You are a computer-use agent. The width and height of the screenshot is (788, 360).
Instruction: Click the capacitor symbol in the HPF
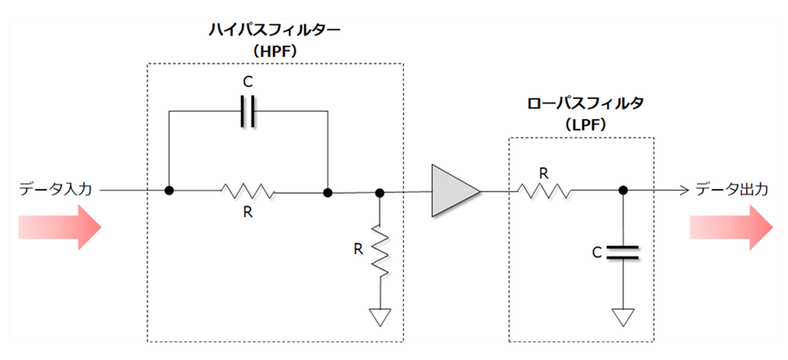pyautogui.click(x=247, y=112)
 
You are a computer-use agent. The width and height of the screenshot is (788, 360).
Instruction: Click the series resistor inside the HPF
pyautogui.click(x=247, y=191)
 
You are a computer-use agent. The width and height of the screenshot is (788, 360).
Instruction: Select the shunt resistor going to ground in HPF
pyautogui.click(x=379, y=248)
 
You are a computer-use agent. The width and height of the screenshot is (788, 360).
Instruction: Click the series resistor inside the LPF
pyautogui.click(x=543, y=190)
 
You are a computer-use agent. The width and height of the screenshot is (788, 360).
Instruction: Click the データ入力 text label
pyautogui.click(x=55, y=188)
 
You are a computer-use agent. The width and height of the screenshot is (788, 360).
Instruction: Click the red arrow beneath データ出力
pyautogui.click(x=730, y=228)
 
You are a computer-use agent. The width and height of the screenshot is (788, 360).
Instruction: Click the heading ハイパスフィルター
pyautogui.click(x=275, y=31)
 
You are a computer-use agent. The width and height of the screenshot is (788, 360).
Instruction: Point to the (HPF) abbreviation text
pyautogui.click(x=275, y=51)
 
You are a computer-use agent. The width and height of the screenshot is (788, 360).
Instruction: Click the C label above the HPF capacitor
pyautogui.click(x=247, y=80)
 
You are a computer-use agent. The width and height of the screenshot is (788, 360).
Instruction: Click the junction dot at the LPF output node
pyautogui.click(x=622, y=190)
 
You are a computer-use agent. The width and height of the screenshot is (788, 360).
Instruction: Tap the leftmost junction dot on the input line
pyautogui.click(x=168, y=191)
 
